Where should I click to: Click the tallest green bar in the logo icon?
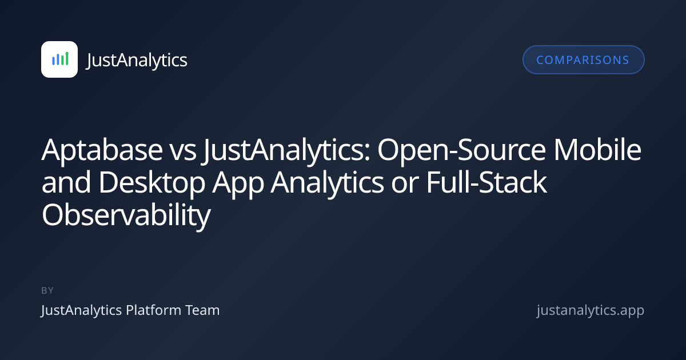click(67, 58)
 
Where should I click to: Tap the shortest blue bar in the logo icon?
click(53, 61)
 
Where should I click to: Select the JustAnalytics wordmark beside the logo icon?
click(137, 60)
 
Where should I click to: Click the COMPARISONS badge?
click(584, 59)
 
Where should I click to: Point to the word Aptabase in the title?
click(102, 150)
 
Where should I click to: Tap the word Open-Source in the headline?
click(461, 150)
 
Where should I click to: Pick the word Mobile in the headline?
click(597, 149)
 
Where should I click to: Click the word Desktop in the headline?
click(151, 183)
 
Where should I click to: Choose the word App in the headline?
click(238, 183)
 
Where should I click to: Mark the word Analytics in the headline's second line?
click(327, 183)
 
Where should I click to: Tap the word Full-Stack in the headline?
click(486, 182)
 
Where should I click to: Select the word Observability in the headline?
click(126, 215)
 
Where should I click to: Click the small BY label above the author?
click(47, 290)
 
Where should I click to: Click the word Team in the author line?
click(202, 310)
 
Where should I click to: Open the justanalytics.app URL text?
click(591, 311)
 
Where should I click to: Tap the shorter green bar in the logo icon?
click(62, 60)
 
